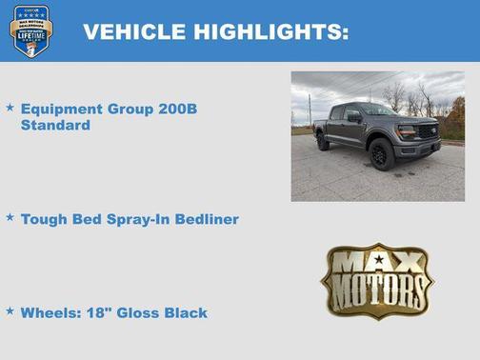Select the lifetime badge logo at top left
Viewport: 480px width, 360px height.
[x=30, y=30]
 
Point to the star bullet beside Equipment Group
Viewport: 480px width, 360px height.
[x=10, y=108]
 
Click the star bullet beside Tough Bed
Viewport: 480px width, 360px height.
[x=10, y=217]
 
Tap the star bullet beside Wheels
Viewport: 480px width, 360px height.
[x=10, y=310]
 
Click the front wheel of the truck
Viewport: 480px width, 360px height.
[x=382, y=154]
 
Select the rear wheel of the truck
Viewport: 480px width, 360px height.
[x=323, y=141]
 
